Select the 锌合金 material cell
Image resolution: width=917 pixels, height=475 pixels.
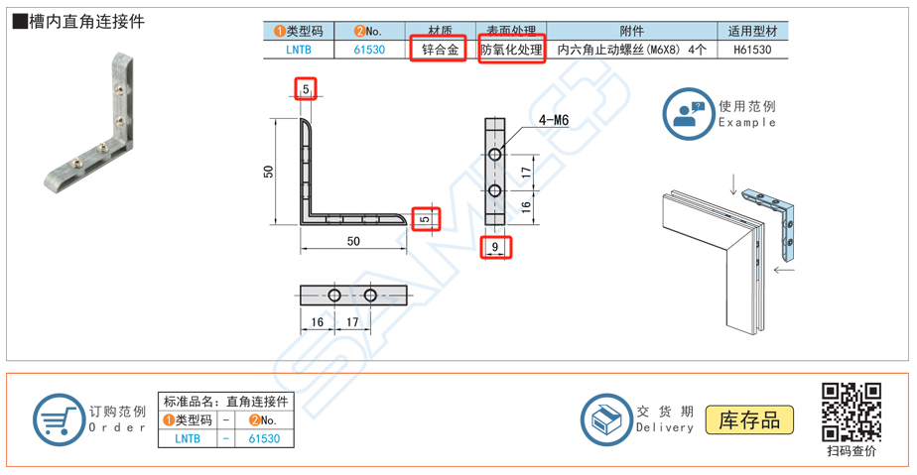[x=437, y=49]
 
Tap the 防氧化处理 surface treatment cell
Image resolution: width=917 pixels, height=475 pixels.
[x=512, y=49]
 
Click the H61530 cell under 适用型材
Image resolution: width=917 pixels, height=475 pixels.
[x=752, y=49]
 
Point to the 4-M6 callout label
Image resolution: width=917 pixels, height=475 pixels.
[x=553, y=121]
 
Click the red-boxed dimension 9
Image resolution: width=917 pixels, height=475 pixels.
[x=495, y=246]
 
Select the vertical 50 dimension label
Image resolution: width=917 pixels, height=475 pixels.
[x=269, y=171]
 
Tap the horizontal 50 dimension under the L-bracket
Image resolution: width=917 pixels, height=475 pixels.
[x=353, y=241]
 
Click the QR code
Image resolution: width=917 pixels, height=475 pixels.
[x=851, y=412]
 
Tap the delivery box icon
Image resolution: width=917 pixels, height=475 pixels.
[x=605, y=418]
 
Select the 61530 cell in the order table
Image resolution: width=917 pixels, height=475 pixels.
[x=263, y=438]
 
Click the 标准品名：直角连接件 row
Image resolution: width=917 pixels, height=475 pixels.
[x=225, y=402]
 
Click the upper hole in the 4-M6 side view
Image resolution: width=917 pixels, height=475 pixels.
[x=495, y=155]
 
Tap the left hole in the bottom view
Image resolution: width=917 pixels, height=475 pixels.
[x=334, y=296]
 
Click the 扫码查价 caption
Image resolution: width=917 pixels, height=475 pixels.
[x=851, y=451]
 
